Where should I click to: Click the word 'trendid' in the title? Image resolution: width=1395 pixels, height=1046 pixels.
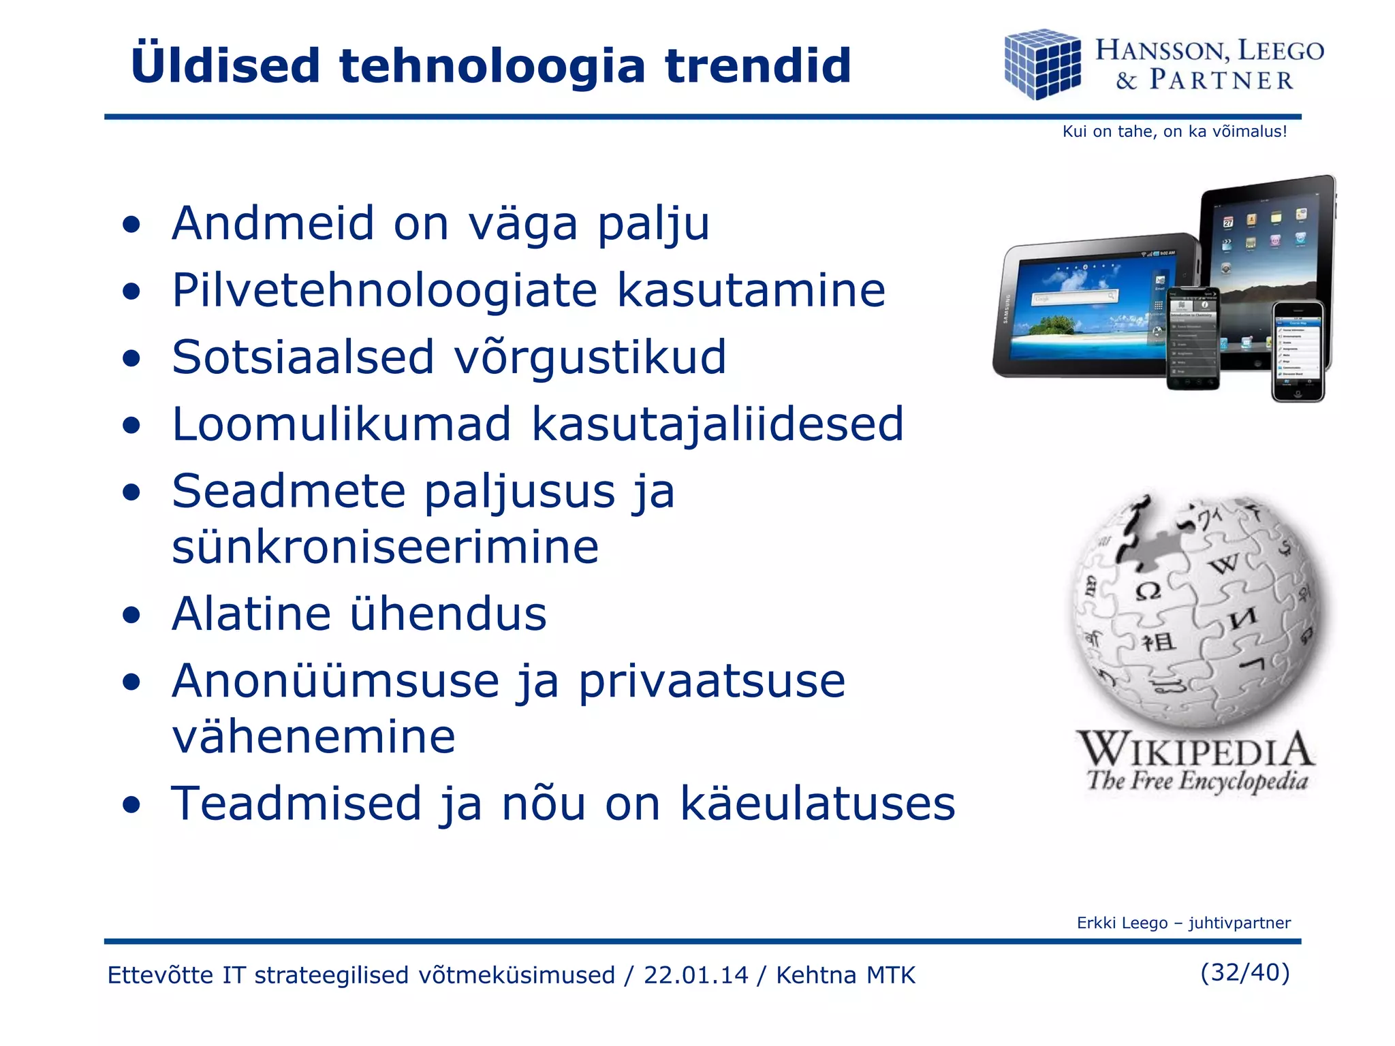757,66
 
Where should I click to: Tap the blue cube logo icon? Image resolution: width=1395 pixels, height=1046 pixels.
1042,65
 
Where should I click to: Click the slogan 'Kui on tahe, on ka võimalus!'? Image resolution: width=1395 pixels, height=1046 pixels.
1174,131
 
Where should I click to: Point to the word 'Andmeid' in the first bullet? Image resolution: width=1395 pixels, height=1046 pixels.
273,223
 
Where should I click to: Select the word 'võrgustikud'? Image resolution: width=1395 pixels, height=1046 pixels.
590,357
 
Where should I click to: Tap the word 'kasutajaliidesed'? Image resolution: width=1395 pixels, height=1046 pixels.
717,424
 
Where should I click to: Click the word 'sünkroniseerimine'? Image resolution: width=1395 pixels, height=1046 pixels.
385,547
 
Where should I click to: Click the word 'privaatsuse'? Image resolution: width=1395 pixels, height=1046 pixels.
712,681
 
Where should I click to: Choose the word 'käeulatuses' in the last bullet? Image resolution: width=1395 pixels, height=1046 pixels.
817,804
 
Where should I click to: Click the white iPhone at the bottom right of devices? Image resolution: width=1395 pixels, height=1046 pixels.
1298,351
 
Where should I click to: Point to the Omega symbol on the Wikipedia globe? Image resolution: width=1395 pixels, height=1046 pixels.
1148,590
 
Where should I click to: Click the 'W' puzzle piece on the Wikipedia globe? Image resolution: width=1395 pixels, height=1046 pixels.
1224,564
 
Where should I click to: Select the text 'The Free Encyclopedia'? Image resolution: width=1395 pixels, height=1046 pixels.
1197,780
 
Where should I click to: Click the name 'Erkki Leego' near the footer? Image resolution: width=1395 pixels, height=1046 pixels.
1122,923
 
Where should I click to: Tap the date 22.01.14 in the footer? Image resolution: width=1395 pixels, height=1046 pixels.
695,975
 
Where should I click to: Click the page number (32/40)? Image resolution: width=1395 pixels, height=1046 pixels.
1244,972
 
